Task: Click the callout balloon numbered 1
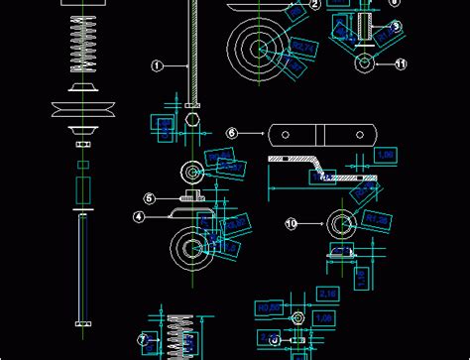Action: (157, 65)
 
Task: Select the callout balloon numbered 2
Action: (314, 4)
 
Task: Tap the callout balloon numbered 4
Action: (140, 215)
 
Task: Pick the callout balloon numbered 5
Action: (150, 198)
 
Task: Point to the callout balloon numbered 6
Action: (231, 132)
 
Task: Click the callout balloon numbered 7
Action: (143, 340)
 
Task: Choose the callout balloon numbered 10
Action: (292, 224)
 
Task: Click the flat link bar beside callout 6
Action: (321, 133)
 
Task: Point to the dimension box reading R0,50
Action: (268, 308)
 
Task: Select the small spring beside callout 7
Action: (179, 334)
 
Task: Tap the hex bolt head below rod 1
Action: (193, 119)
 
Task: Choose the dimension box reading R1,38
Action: (375, 220)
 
